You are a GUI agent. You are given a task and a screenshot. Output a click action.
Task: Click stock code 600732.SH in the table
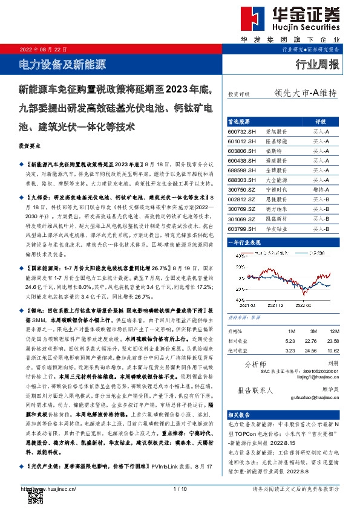click(x=242, y=131)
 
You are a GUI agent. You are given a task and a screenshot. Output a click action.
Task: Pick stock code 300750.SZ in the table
click(x=242, y=189)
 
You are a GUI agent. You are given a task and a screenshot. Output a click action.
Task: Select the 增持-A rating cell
click(x=321, y=189)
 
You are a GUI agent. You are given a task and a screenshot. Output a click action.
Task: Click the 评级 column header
click(x=321, y=121)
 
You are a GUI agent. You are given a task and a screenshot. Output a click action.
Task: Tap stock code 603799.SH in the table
click(x=242, y=228)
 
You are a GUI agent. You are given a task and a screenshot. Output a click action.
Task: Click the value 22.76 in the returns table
click(x=312, y=340)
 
